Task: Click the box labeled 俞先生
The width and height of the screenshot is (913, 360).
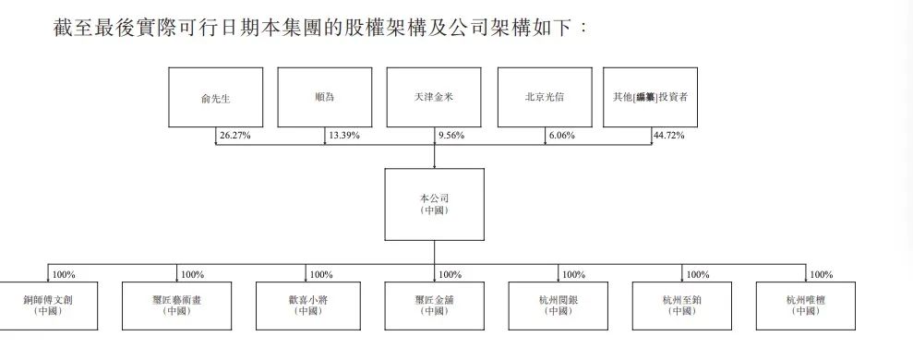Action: tap(215, 97)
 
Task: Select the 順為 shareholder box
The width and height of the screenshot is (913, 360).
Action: tap(325, 97)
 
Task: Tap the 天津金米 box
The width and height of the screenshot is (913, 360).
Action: tap(435, 97)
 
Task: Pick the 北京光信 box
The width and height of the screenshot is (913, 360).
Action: tap(544, 97)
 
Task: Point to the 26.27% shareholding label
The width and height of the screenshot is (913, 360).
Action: tap(234, 135)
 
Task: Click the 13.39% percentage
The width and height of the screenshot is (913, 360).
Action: tap(343, 135)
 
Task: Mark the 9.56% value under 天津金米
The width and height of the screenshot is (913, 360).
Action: tap(450, 135)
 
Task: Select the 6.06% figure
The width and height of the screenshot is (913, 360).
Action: tap(559, 135)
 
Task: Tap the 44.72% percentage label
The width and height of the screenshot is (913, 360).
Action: tap(668, 135)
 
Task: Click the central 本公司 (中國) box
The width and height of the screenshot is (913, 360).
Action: tap(435, 204)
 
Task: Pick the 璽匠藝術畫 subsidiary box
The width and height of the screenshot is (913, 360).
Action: tap(176, 306)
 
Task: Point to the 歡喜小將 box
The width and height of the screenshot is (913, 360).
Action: tap(306, 306)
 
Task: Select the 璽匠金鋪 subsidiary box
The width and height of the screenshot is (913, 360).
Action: tap(435, 306)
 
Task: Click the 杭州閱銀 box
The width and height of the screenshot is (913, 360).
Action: tap(559, 306)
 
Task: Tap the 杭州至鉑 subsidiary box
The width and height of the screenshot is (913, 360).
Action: tap(682, 306)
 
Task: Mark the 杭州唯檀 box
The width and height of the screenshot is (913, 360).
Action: tap(805, 306)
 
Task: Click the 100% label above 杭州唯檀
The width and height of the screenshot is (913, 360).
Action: tap(821, 274)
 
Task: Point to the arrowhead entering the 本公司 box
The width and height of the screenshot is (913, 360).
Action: tap(435, 166)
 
